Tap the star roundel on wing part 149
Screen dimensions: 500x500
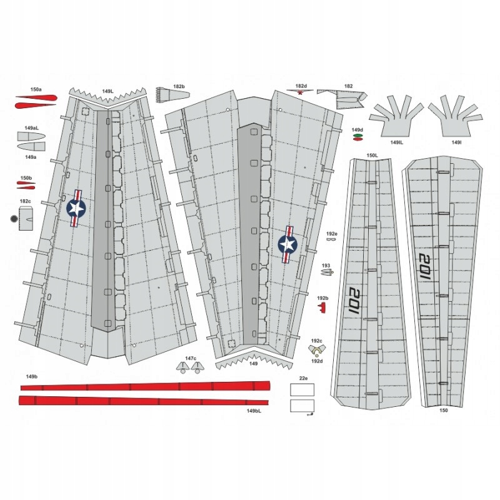tap(287, 242)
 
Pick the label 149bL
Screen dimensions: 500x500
tap(254, 411)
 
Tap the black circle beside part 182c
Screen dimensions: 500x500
tap(15, 219)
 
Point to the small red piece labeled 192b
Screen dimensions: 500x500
tap(322, 307)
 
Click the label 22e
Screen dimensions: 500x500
tap(303, 378)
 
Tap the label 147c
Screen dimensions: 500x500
tap(190, 358)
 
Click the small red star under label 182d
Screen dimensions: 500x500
tap(301, 92)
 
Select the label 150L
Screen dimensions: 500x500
tap(372, 155)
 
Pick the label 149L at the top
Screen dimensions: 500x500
tap(107, 91)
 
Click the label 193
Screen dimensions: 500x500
tap(326, 265)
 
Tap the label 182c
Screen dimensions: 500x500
tap(25, 201)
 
